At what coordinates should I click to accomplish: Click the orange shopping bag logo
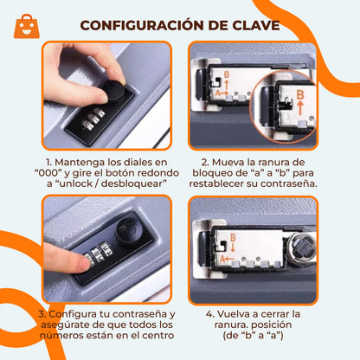(x=28, y=25)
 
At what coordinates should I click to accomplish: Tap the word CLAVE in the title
(x=252, y=24)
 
